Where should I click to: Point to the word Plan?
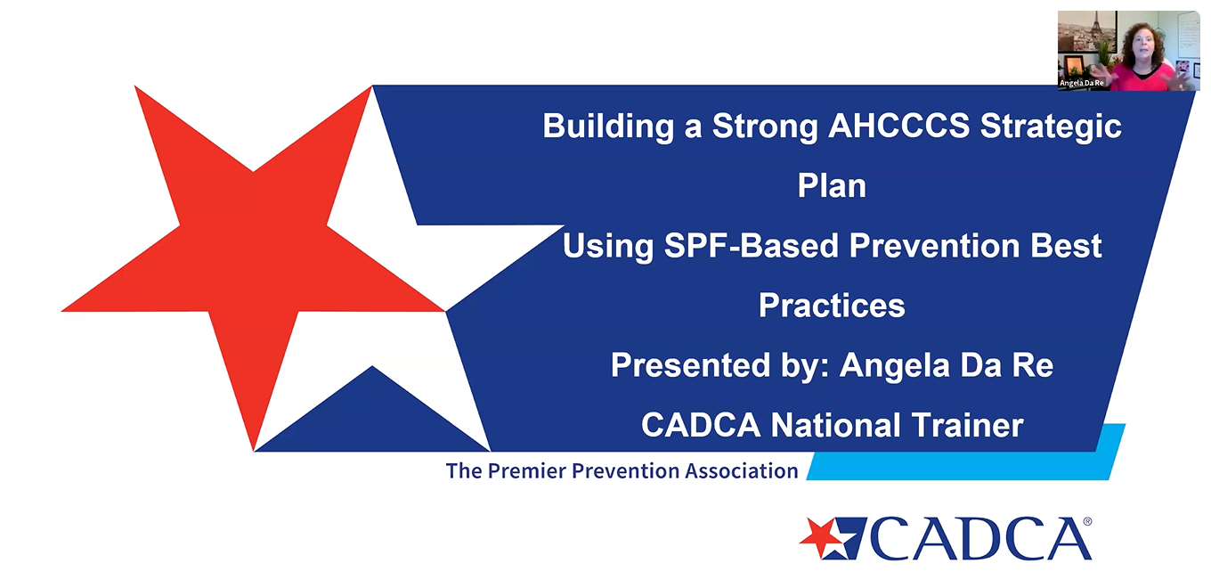click(832, 185)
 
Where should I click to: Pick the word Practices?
click(832, 305)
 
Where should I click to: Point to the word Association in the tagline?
click(741, 471)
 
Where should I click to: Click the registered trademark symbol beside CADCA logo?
click(1088, 521)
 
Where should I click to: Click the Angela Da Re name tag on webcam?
click(1081, 84)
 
